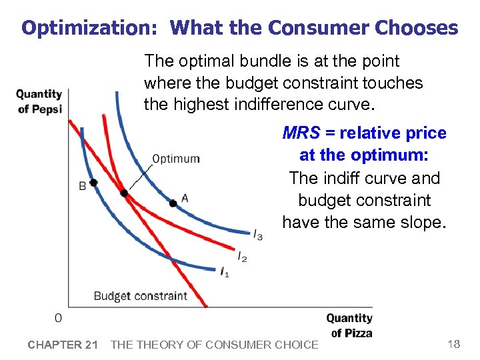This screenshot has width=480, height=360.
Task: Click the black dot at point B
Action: point(93,183)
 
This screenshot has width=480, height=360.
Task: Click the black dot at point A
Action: point(173,203)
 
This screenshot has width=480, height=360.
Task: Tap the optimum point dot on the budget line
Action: point(124,193)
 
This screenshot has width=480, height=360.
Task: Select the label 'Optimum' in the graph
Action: point(175,159)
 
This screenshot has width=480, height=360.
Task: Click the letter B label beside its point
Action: point(83,187)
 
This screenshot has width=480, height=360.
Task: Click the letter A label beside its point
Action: point(185,197)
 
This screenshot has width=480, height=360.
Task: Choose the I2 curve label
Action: point(242,257)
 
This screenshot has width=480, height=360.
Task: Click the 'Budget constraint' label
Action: point(140,295)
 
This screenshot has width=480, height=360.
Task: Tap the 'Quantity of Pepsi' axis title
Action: point(39,101)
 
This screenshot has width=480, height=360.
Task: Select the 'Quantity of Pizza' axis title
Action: point(349,325)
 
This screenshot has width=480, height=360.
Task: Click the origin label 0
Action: point(59,318)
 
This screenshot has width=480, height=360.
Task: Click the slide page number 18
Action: point(453,344)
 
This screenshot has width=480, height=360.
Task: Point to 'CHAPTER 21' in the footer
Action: point(63,345)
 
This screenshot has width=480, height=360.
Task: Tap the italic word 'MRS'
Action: point(301,133)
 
